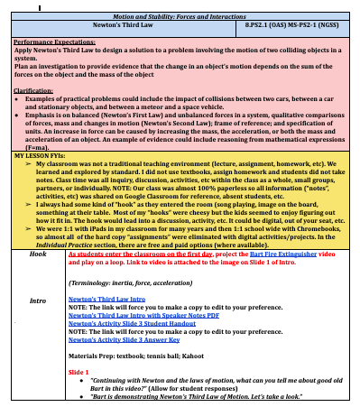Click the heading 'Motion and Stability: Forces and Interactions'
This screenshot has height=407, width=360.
[x=180, y=16]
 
